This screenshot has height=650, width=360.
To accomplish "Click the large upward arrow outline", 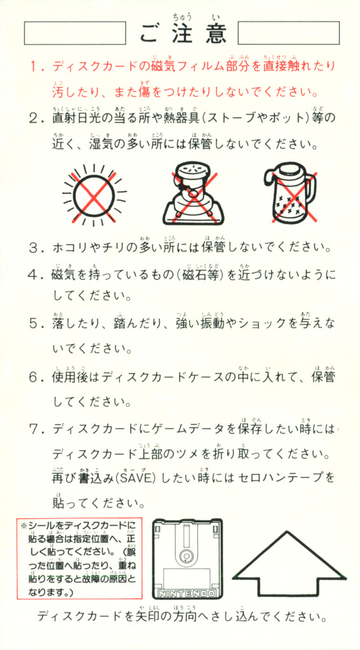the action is (x=289, y=564).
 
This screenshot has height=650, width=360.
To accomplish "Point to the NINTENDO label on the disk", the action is (x=187, y=593).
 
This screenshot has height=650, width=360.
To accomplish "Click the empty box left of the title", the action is (x=75, y=33).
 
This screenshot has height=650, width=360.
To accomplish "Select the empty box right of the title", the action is (x=289, y=33).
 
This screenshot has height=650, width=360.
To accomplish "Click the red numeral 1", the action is (x=34, y=66).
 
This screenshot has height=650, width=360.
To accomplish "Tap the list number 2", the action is (x=34, y=120).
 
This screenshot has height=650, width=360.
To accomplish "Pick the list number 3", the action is (x=34, y=249).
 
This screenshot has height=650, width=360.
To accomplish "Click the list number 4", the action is (x=34, y=275).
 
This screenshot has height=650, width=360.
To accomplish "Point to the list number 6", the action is (x=34, y=378).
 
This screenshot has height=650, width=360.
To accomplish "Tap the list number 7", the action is (x=34, y=429).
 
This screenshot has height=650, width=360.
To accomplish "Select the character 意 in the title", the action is (x=216, y=34).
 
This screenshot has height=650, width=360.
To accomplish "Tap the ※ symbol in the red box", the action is (x=24, y=525).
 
